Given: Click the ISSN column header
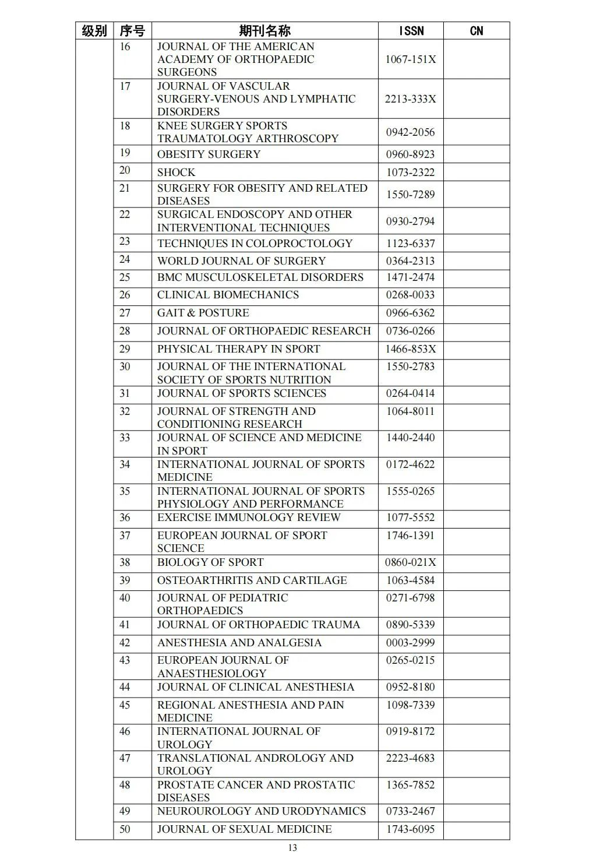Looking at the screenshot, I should point(411,31).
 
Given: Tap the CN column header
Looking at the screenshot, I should point(476,31).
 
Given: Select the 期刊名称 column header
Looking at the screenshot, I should point(264,31).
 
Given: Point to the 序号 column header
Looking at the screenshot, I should point(132,31).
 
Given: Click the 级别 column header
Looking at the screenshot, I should point(94,31).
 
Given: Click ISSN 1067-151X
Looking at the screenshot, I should point(411,59).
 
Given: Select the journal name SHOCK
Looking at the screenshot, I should point(177,172).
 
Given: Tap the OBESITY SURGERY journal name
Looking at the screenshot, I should point(209,154).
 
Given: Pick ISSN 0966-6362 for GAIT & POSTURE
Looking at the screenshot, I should point(411,313).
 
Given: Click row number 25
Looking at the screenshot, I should point(125,277).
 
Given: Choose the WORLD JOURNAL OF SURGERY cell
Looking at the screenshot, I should point(241,261).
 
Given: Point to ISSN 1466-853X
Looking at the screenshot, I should point(411,349).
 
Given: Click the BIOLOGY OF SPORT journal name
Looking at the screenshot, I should point(210,562).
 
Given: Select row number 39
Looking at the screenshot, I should point(125,580).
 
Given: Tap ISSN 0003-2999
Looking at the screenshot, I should point(411,643).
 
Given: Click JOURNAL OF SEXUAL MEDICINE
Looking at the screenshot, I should point(244,829).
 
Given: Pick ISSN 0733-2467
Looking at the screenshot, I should point(411,811).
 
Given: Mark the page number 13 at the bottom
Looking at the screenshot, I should point(292,848).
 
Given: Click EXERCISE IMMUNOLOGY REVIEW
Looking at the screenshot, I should point(249,517).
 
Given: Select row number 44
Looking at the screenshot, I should point(125,687).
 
